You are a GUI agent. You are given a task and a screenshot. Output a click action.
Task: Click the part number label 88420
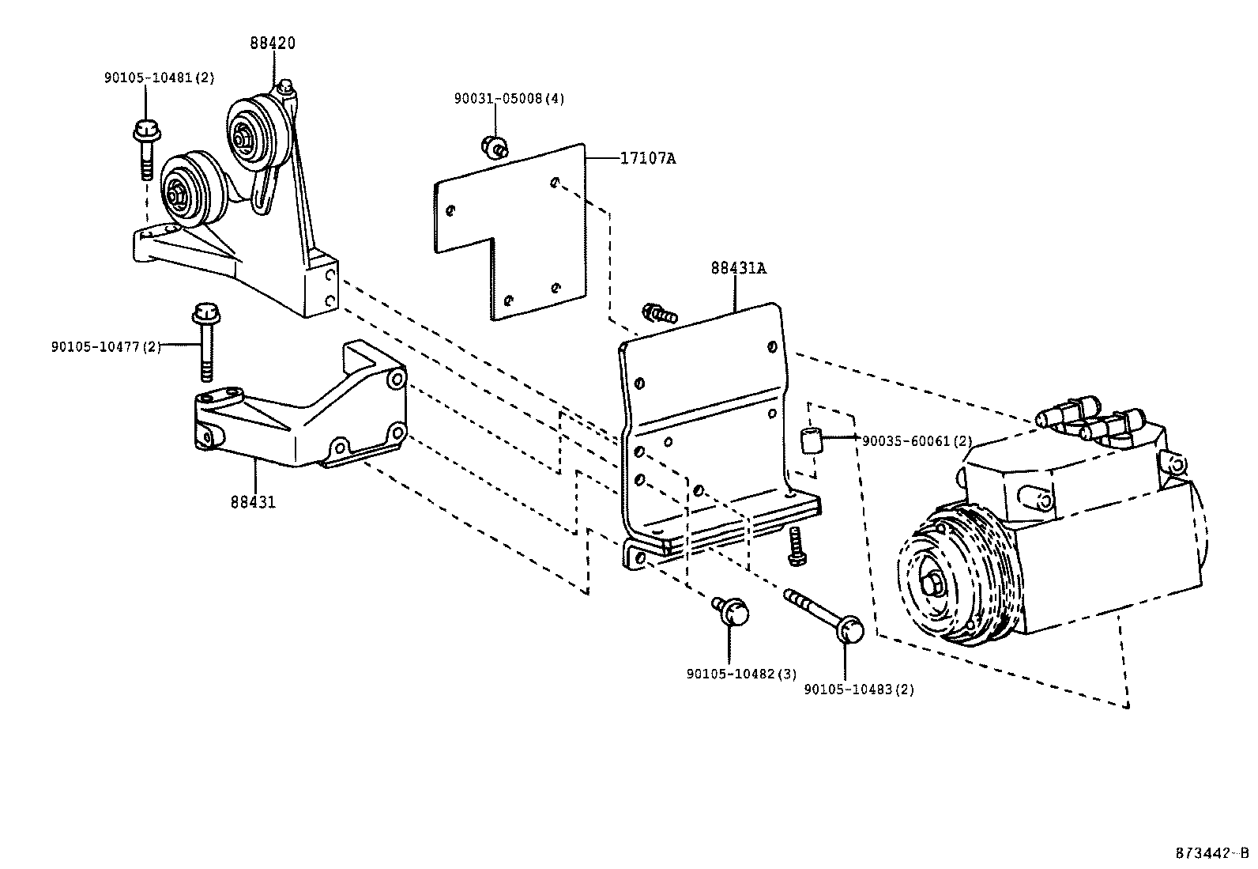coord(273,43)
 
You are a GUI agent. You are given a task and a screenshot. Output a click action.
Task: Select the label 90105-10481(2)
coord(159,77)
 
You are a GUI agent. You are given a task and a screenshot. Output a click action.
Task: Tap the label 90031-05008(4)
coord(509,99)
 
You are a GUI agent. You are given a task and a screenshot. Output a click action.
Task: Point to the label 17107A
coord(647,158)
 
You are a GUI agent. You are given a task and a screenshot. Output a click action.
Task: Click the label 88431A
coord(738,268)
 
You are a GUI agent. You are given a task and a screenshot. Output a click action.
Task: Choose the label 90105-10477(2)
coord(106,346)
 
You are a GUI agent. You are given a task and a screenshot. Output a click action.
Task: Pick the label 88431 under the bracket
coord(254,501)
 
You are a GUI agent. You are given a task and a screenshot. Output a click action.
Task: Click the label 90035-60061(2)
coord(917,441)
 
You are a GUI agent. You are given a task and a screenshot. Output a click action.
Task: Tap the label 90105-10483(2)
coord(859,690)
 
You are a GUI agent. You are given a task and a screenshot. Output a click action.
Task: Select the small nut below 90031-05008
coord(494,145)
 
